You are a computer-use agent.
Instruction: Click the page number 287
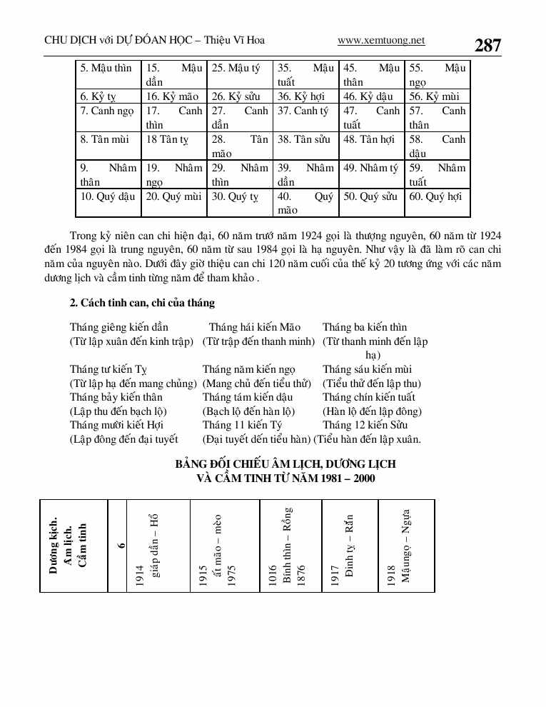click(487, 45)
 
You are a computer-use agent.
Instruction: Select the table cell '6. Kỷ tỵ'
click(98, 96)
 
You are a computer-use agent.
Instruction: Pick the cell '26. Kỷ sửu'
click(236, 96)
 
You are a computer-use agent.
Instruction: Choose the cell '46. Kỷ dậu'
click(368, 96)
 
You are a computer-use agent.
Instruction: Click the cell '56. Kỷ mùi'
click(435, 96)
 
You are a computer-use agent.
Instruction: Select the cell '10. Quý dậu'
click(108, 196)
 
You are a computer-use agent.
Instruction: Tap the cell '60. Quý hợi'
click(435, 196)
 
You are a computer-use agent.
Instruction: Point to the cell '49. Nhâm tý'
click(370, 168)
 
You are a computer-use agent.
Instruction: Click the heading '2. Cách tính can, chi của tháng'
click(142, 303)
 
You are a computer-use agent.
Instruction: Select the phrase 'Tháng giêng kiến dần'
click(119, 328)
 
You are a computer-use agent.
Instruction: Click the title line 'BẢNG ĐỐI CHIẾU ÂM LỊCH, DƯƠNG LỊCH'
click(285, 464)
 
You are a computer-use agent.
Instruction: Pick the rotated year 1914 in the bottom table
click(139, 576)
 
